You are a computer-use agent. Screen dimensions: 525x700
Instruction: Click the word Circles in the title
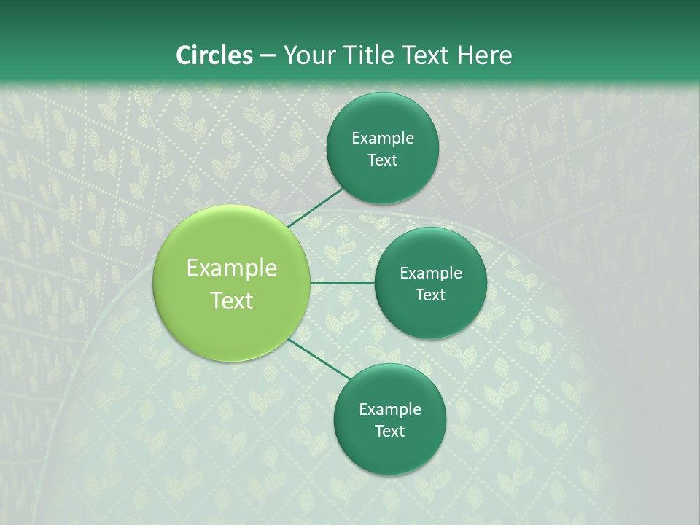click(x=214, y=55)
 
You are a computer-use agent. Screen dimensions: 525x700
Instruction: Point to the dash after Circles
click(x=268, y=56)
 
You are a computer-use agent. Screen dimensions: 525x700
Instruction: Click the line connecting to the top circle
click(x=315, y=207)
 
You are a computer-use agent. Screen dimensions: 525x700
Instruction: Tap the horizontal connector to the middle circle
click(x=343, y=283)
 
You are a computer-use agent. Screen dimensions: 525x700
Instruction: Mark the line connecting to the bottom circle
click(x=319, y=359)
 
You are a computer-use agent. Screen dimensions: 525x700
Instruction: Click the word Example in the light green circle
click(x=232, y=268)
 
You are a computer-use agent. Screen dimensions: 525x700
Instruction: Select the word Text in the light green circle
click(x=232, y=300)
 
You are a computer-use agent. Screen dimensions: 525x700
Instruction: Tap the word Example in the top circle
click(x=383, y=139)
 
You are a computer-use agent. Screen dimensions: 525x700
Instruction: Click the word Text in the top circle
click(x=383, y=160)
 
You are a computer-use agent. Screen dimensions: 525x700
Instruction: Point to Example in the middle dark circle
click(x=431, y=273)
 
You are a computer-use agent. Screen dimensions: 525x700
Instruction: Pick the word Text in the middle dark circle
click(x=431, y=295)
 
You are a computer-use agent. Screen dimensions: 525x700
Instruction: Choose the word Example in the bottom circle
click(x=390, y=410)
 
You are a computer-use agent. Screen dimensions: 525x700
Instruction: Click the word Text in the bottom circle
click(x=390, y=431)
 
